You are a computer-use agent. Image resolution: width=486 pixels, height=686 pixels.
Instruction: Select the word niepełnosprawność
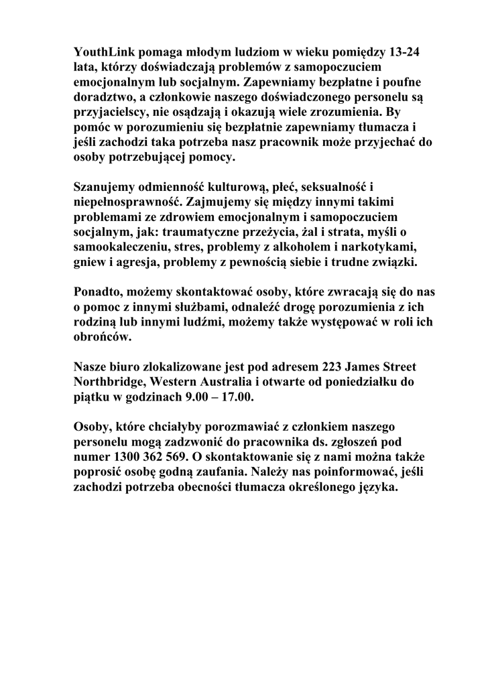point(125,203)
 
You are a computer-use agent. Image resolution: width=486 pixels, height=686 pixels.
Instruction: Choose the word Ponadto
point(98,293)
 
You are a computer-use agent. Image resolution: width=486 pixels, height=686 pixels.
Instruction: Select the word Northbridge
point(109,383)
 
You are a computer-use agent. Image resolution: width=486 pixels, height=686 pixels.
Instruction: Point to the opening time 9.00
point(194,398)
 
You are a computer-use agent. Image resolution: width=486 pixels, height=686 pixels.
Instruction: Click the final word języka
point(377,488)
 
